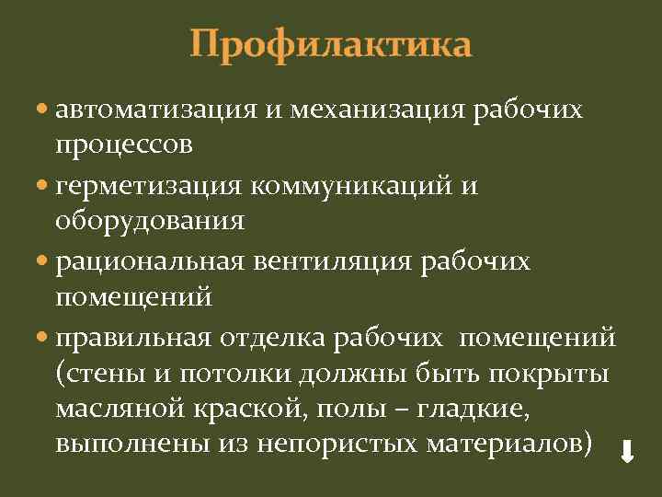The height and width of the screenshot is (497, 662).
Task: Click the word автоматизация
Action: point(154,110)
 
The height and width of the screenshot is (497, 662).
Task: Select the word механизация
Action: point(378,110)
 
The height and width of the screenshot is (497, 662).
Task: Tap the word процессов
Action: point(124,144)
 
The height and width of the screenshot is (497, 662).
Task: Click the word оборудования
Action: point(150,220)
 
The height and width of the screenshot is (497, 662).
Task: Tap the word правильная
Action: point(133,338)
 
